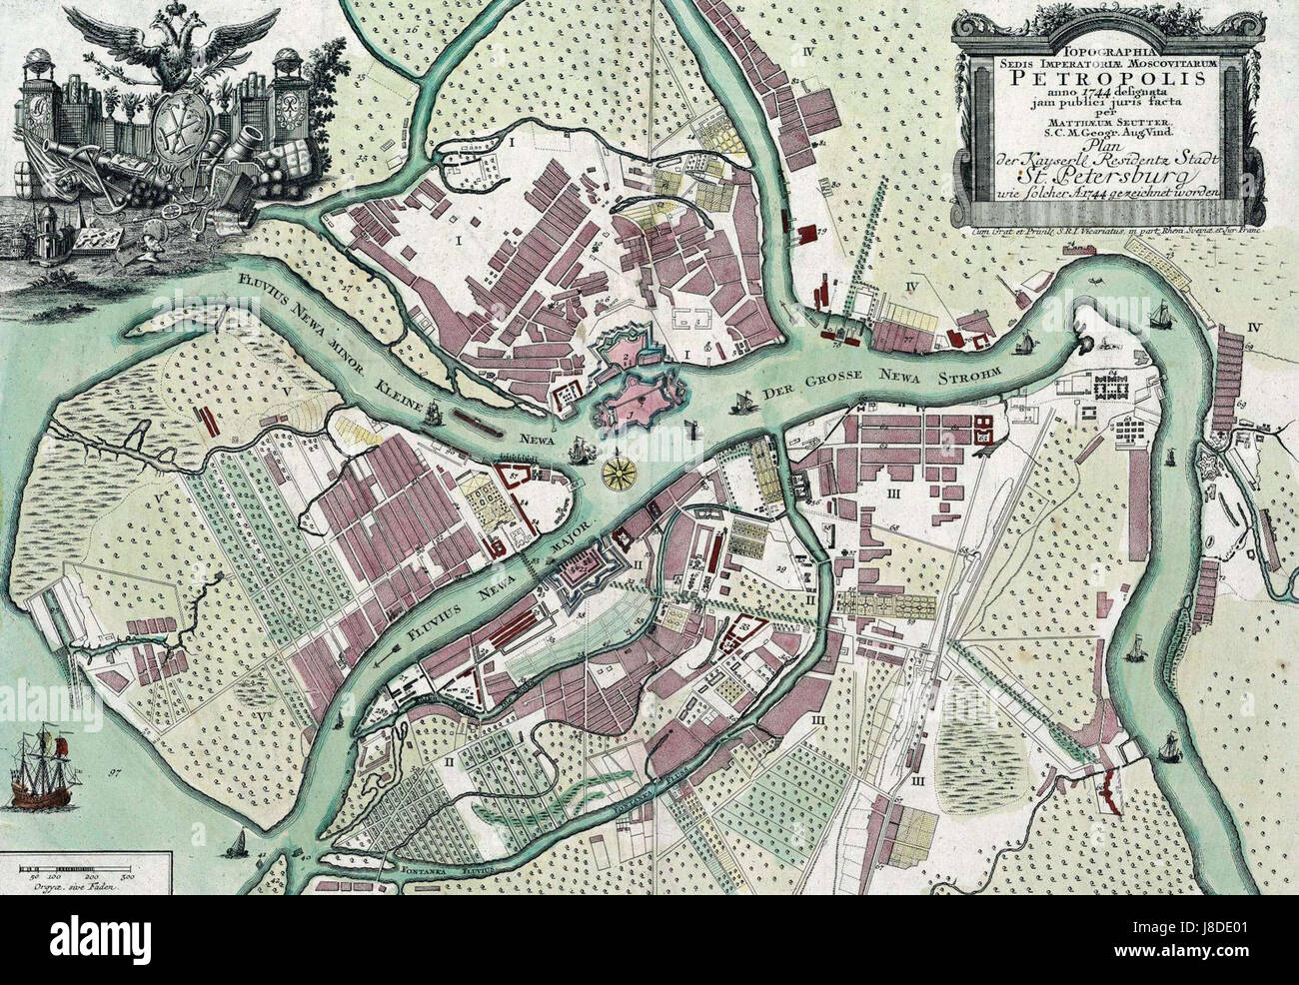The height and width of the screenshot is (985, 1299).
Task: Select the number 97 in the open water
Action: click(115, 773)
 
